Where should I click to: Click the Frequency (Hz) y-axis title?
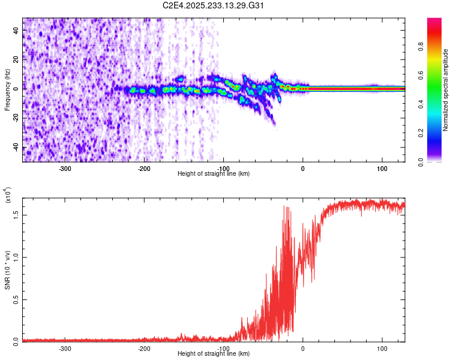(7, 89)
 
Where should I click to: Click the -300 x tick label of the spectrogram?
(65, 169)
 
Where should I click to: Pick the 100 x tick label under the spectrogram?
(382, 169)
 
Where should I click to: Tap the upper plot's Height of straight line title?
(214, 174)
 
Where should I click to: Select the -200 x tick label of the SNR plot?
(144, 349)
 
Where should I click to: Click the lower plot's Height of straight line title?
(214, 354)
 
